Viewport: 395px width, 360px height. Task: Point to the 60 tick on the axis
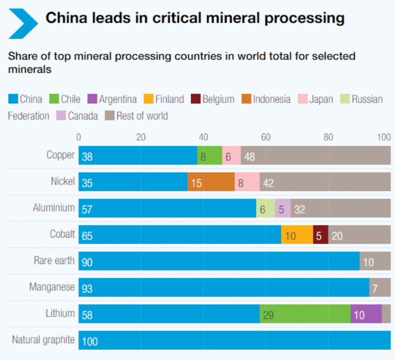pos(265,137)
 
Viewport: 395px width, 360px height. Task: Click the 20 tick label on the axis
pos(140,137)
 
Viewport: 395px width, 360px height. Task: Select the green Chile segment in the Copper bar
pos(209,155)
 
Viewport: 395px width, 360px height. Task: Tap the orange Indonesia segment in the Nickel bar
pos(210,181)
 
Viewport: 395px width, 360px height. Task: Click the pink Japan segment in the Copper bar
pos(231,155)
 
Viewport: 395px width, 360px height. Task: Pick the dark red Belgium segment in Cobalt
pos(320,234)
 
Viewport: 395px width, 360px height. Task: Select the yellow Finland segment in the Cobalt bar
pos(297,234)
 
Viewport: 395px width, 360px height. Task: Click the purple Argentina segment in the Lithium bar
pos(365,313)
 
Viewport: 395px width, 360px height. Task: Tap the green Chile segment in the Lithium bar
pos(304,313)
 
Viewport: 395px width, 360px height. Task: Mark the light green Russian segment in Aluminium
pos(265,208)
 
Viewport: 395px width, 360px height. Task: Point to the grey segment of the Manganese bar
pos(379,287)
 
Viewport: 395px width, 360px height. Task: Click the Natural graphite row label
pos(43,340)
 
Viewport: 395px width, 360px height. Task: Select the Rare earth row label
pos(54,260)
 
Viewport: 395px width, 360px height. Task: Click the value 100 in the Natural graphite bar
pos(89,342)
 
